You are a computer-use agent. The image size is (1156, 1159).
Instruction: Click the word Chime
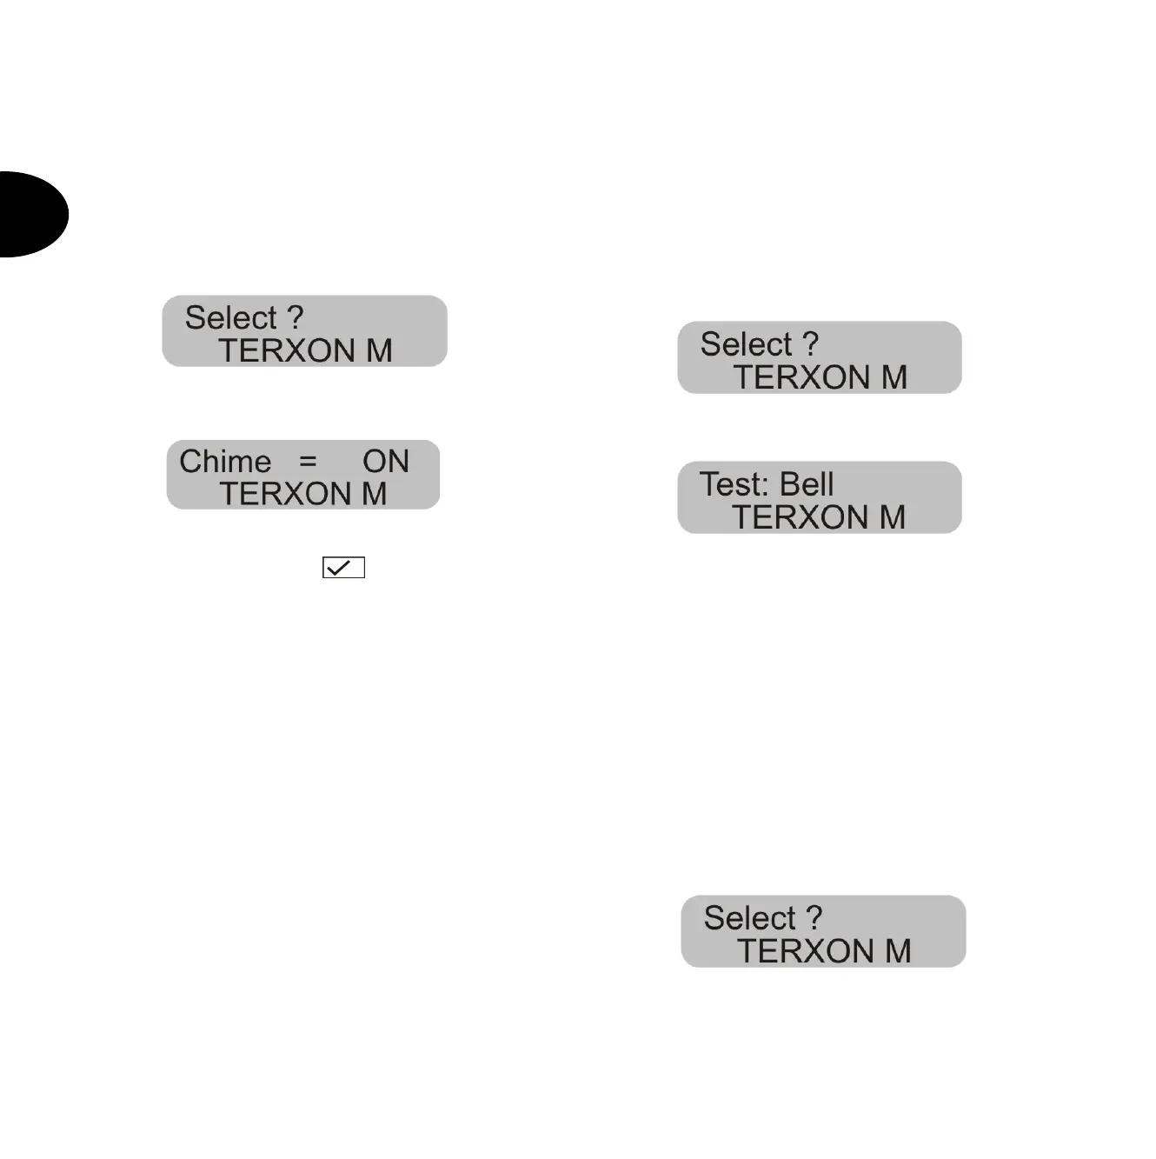225,462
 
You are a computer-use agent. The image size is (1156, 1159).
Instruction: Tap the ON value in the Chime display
386,462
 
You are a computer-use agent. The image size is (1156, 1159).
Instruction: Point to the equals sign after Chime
308,462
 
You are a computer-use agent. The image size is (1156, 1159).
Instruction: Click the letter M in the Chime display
374,494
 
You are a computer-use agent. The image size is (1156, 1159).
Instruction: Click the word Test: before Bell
736,484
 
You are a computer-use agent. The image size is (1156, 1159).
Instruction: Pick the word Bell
807,484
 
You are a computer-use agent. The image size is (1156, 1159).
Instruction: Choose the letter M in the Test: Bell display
893,517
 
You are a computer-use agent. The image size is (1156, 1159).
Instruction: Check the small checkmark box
343,568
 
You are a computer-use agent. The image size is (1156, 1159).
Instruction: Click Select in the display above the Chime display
230,318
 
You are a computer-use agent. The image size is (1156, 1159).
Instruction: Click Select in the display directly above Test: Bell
746,344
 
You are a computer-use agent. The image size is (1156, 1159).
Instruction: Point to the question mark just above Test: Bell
811,343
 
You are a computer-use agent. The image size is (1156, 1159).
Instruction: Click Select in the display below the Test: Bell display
749,918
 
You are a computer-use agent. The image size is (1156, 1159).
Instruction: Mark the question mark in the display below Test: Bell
814,917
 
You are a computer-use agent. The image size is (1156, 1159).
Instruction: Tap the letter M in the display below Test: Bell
898,951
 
